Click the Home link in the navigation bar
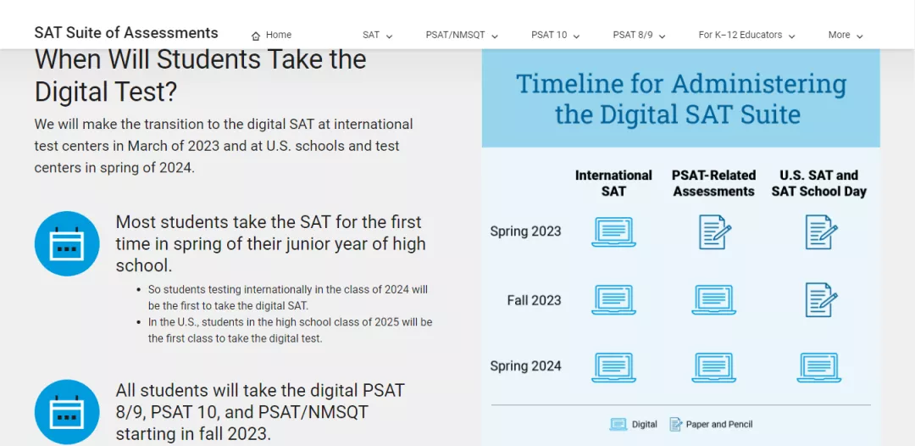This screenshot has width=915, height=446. pos(271,35)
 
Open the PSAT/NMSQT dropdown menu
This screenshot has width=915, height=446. pos(462,35)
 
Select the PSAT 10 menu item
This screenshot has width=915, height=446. pos(555,35)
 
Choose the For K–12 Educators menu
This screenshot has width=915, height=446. pos(747,35)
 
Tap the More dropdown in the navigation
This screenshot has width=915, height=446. pos(846,35)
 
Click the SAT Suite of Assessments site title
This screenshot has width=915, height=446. pos(126,33)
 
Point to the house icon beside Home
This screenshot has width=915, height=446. pos(256,36)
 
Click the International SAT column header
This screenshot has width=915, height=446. pos(613,183)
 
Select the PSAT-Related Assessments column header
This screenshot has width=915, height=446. pos(713,183)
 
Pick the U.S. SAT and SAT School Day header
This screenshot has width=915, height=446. pos(818,183)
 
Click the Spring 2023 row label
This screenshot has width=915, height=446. pos(525,231)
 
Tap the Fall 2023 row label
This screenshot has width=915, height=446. pos(534,300)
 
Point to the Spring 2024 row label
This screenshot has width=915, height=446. pos(525,366)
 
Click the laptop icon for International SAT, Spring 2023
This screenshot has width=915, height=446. pos(613,231)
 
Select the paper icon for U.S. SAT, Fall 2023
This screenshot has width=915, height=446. pos(821,300)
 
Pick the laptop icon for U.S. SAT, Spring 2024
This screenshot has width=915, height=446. pos(818,367)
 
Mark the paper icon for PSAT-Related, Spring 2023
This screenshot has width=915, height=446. pos(715,231)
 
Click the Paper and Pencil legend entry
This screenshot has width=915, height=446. pos(711,425)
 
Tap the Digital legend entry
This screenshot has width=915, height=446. pos(633,425)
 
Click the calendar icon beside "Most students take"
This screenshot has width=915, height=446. pos(67,243)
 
